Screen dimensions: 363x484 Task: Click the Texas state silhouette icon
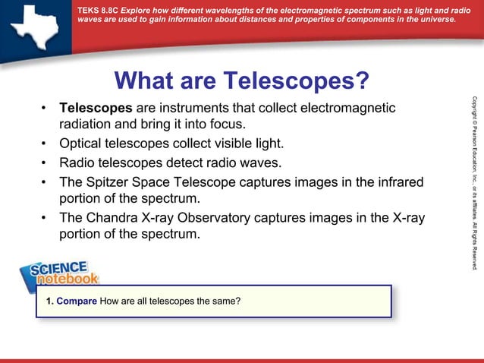[x=34, y=24]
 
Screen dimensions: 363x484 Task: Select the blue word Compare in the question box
[x=77, y=301]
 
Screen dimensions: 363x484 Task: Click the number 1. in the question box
[x=49, y=301]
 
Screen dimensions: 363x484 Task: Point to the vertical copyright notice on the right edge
[x=474, y=182]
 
